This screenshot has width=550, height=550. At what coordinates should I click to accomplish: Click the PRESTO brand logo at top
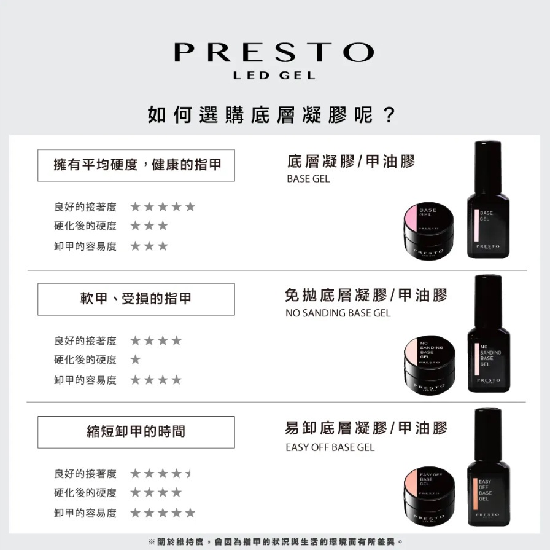click(274, 52)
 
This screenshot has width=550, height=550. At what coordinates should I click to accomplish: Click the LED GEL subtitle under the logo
click(274, 76)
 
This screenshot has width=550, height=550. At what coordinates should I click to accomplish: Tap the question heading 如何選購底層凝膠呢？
click(272, 114)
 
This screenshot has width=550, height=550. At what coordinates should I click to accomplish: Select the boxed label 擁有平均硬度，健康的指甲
click(136, 165)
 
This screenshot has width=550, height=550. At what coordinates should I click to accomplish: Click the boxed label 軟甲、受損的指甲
click(136, 299)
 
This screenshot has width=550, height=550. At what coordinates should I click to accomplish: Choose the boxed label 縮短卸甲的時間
click(136, 432)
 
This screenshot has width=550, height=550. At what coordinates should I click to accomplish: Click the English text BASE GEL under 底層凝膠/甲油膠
click(308, 179)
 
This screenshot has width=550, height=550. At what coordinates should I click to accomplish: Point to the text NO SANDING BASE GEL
click(338, 313)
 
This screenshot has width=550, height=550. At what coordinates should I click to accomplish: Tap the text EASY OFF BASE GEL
click(330, 447)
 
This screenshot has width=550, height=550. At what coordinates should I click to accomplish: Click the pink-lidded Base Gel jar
click(428, 232)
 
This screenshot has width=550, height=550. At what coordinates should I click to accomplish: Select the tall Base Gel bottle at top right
click(488, 200)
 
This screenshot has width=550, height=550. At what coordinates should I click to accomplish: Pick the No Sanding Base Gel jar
click(430, 365)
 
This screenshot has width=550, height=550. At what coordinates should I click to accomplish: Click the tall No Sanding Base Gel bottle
click(489, 333)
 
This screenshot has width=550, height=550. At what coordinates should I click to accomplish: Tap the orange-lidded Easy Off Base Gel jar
click(429, 497)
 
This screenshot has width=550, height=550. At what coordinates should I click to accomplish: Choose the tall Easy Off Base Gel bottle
click(488, 467)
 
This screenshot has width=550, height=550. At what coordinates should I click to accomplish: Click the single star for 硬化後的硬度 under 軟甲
click(136, 359)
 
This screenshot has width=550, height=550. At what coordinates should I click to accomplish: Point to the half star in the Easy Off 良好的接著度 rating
click(188, 473)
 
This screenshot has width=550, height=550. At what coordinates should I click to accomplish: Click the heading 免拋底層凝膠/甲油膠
click(366, 295)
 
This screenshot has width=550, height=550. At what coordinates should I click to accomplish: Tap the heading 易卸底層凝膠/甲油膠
click(366, 428)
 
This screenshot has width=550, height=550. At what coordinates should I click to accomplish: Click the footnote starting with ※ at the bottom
click(276, 541)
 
